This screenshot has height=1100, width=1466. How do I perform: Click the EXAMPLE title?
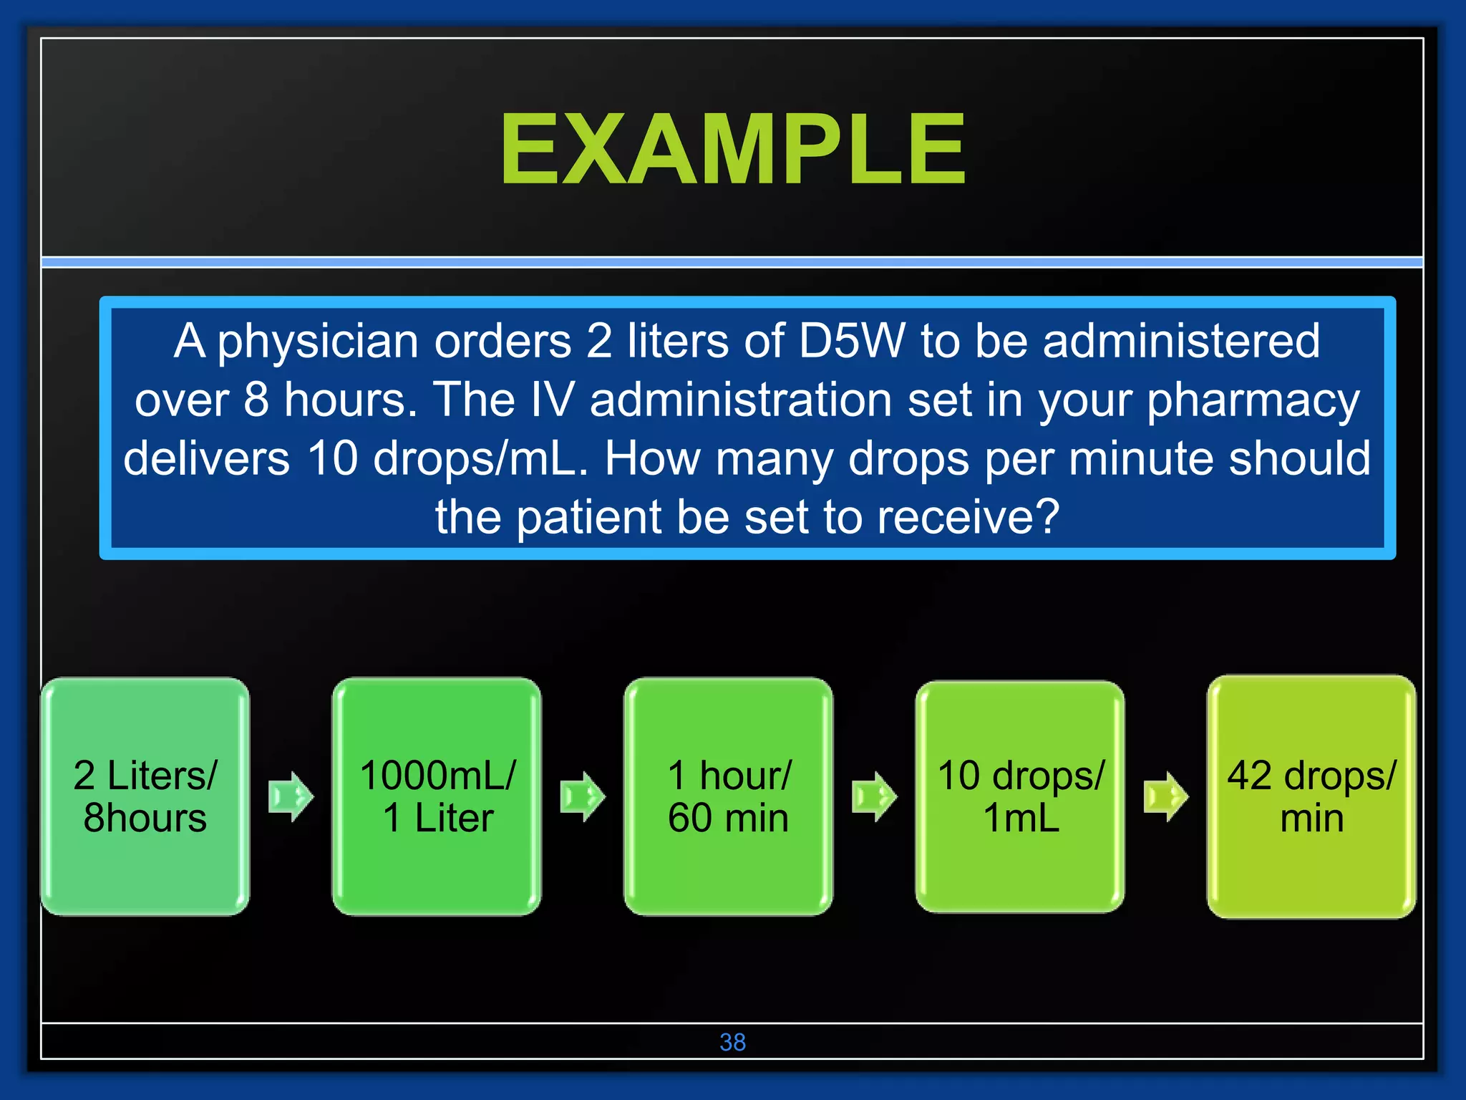point(733,150)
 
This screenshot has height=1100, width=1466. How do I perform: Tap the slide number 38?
point(732,1042)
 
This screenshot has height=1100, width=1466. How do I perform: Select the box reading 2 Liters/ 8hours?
point(145,796)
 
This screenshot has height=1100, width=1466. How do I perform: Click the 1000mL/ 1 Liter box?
point(437,796)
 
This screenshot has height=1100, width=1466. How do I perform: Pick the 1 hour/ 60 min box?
point(728,796)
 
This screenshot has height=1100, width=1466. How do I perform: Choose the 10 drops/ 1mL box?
point(1020,796)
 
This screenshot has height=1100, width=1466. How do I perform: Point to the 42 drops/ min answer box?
point(1311,796)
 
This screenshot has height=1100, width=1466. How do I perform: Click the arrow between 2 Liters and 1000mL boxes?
point(291,796)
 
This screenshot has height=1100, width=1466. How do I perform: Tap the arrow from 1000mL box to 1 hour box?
point(582,796)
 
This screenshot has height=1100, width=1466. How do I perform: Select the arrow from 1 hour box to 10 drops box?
point(874,796)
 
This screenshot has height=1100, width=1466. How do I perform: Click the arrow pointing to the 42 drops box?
point(1165,796)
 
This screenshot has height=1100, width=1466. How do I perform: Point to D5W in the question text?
point(852,341)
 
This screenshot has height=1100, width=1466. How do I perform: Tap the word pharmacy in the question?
point(1253,401)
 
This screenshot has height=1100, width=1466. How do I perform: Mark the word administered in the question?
point(1181,341)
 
